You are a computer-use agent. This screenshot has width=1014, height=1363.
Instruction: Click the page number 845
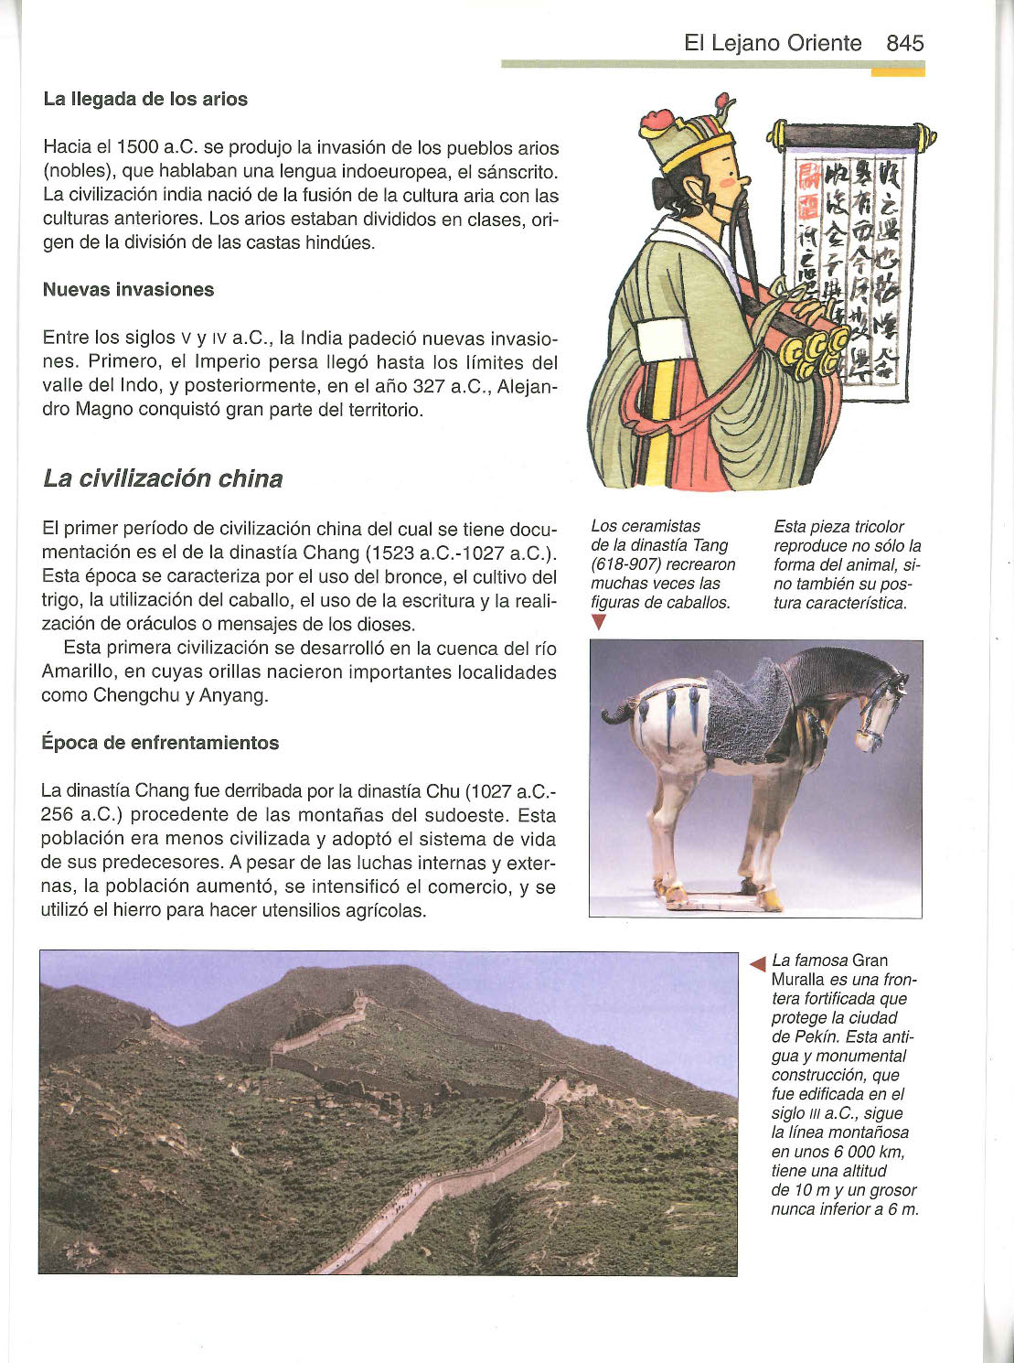point(904,43)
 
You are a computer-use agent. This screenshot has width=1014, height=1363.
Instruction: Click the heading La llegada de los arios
point(145,99)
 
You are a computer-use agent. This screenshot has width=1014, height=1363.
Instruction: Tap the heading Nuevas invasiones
point(128,289)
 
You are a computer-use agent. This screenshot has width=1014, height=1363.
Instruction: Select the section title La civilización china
point(163,478)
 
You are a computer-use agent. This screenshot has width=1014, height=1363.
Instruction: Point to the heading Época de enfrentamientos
point(160,742)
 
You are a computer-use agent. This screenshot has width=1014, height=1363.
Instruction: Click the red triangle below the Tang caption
point(599,622)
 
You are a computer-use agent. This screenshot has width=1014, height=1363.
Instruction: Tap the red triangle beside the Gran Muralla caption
point(757,962)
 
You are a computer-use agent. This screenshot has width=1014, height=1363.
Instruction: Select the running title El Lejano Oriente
point(773,43)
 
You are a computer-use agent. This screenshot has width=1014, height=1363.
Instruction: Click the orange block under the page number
point(897,71)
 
